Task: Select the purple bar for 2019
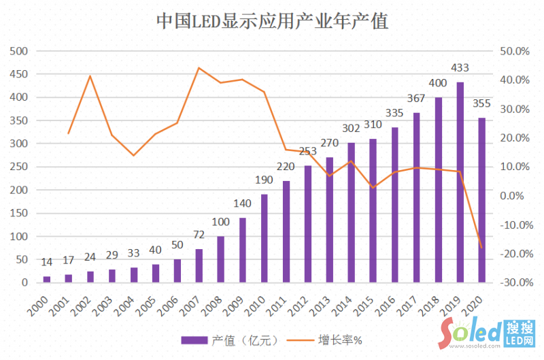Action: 460,182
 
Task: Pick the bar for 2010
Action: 265,238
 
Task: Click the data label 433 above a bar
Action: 460,68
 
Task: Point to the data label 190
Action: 265,180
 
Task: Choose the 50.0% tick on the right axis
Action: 514,51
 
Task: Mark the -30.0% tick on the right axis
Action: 513,282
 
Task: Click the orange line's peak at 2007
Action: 199,68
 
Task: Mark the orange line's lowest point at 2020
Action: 482,248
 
